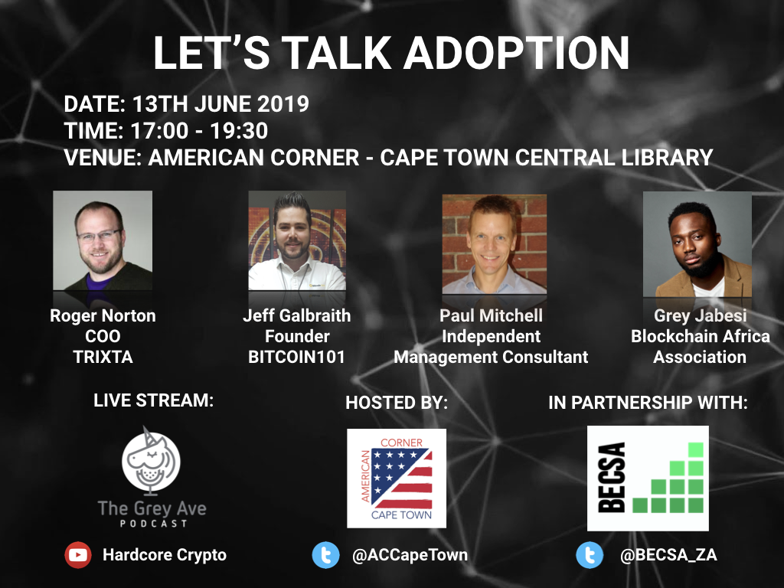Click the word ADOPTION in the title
[516, 54]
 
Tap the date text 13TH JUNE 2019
[220, 104]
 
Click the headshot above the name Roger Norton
[103, 240]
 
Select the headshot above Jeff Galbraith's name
[297, 240]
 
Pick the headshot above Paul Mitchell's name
[495, 243]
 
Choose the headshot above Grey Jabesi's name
[697, 243]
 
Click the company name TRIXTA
[102, 357]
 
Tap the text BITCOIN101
[296, 357]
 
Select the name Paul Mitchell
[491, 315]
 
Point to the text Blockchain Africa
[700, 337]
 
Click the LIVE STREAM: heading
[153, 400]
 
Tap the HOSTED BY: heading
[397, 403]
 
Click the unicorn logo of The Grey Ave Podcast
[151, 459]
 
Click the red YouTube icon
[78, 555]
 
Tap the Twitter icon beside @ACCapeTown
[325, 555]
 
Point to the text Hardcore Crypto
[165, 555]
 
